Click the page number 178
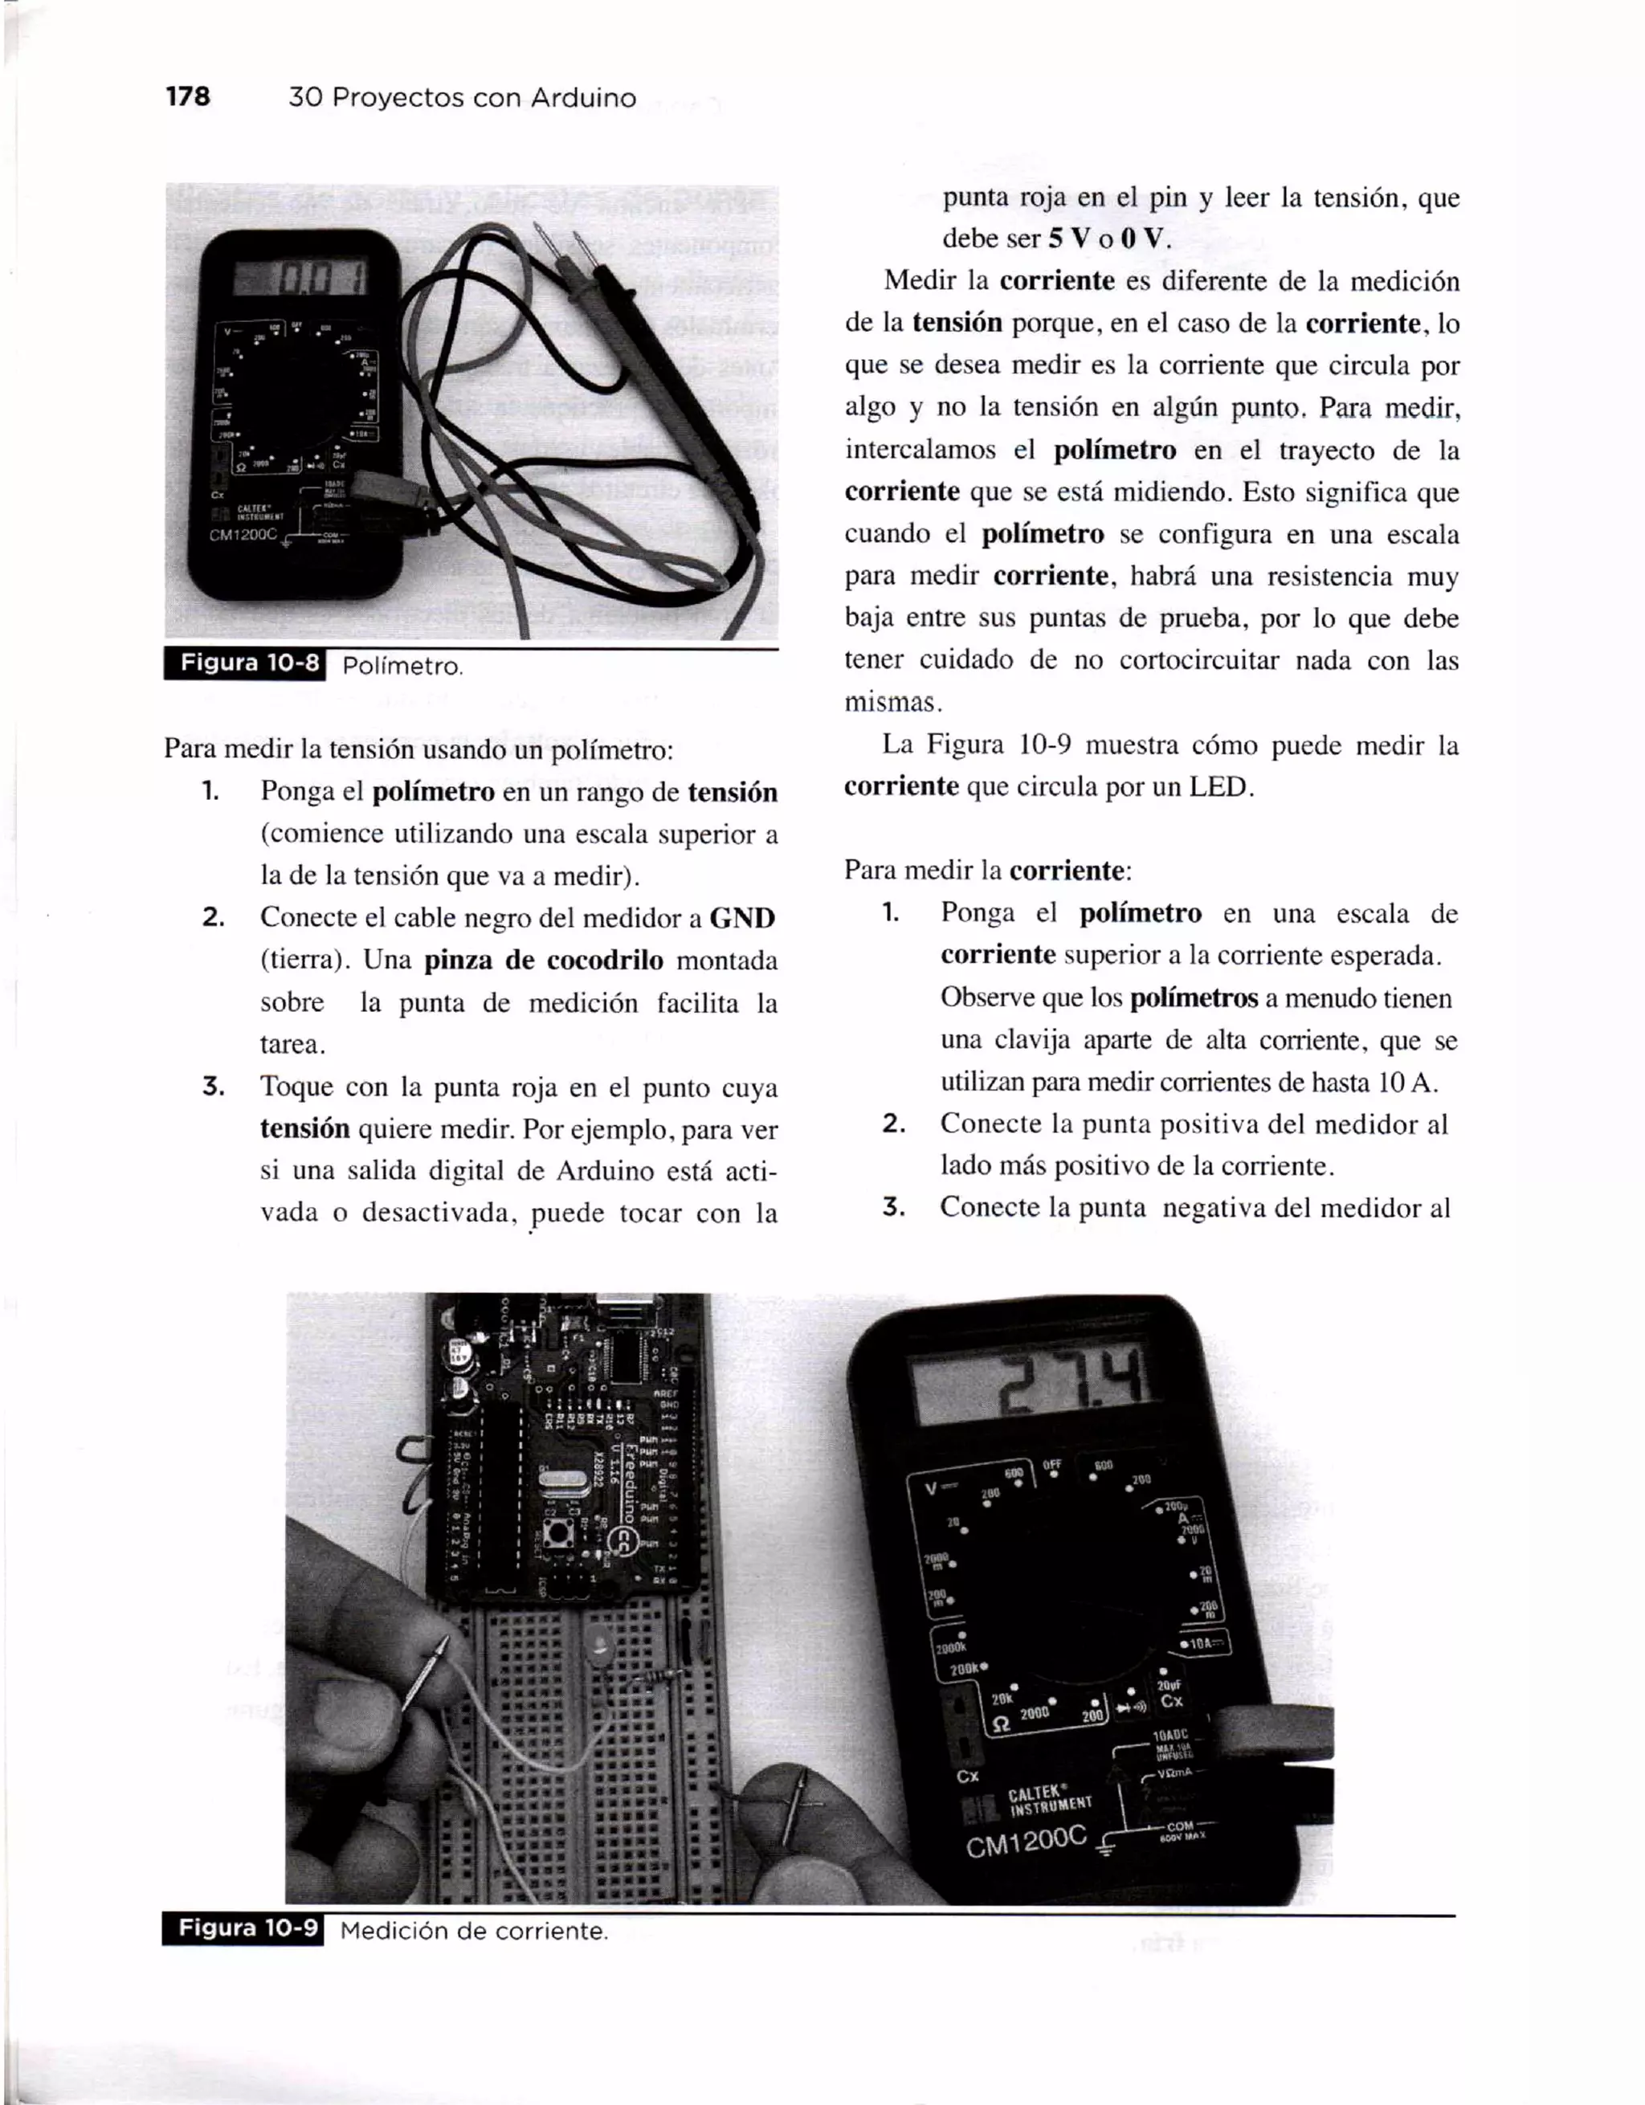(188, 96)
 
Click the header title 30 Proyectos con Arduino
(463, 97)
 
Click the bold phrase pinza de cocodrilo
(544, 960)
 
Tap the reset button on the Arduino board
(555, 1532)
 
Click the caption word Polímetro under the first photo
(402, 667)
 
